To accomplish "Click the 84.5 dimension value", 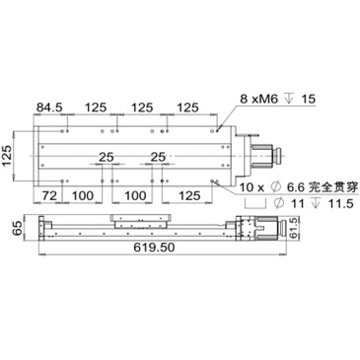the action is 49,108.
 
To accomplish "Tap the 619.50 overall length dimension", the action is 154,247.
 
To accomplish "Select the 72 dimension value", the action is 48,196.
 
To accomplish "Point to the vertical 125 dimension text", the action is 7,156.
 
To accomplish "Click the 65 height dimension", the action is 18,228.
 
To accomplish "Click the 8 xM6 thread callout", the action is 259,99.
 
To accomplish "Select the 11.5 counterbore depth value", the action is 341,204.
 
